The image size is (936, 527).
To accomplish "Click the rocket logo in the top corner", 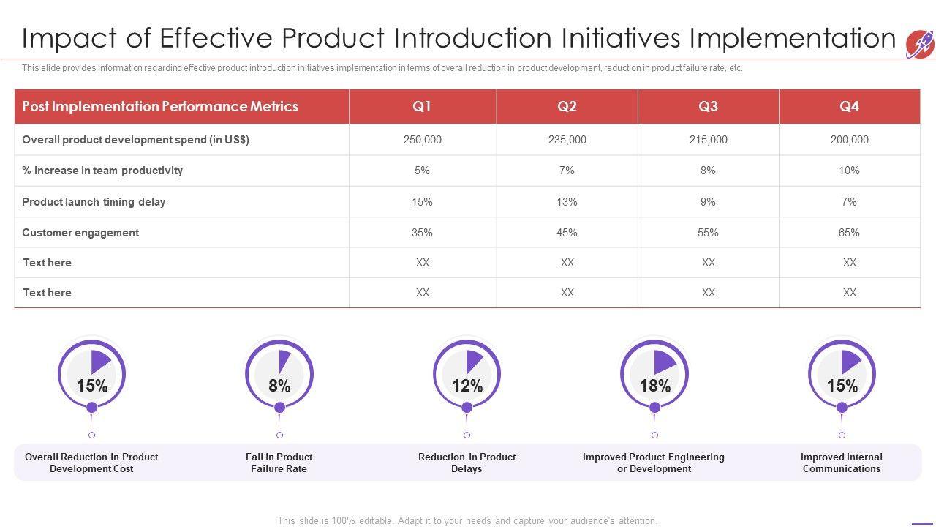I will click(x=920, y=44).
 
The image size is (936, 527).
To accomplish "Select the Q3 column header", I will click(x=708, y=106).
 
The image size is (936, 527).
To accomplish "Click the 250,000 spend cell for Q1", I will click(x=422, y=140).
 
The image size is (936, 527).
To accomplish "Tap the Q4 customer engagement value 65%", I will click(x=849, y=233).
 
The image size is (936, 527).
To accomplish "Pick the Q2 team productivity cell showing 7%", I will click(x=567, y=171).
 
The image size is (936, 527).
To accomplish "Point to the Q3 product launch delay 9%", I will click(x=708, y=202).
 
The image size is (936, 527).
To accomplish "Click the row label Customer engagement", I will click(x=80, y=233).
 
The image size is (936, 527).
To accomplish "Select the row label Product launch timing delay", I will click(x=94, y=202).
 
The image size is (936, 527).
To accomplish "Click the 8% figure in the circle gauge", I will click(x=279, y=386).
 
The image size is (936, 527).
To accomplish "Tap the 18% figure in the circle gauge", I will click(x=654, y=386).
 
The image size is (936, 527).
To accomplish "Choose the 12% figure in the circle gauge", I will click(x=467, y=386).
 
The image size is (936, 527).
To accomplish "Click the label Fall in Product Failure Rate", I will click(x=279, y=463).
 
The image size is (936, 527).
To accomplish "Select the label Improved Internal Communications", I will click(x=841, y=463).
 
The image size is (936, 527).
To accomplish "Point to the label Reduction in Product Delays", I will click(x=467, y=463).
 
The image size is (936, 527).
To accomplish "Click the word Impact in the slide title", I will click(x=64, y=38).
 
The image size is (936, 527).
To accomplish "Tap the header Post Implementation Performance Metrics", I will click(x=160, y=106).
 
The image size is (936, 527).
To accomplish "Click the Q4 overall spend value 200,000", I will click(x=849, y=140).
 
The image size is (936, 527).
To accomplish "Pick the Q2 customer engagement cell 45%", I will click(x=567, y=233).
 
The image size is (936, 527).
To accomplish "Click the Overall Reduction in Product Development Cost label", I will click(x=91, y=463).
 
